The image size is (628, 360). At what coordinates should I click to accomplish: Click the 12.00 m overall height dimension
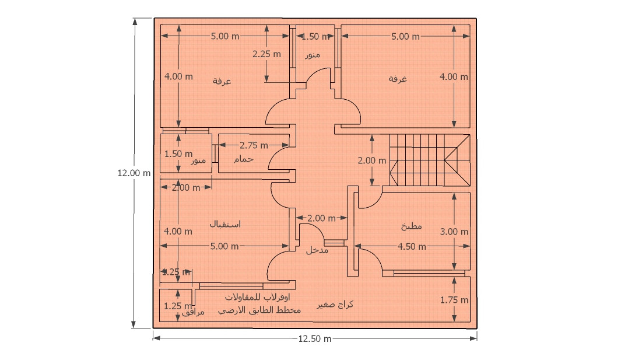pos(134,173)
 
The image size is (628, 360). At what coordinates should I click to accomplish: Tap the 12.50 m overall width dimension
pos(315,339)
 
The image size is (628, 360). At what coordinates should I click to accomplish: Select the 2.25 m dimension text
pos(266,54)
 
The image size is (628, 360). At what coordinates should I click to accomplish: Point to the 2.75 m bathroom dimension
pos(254,145)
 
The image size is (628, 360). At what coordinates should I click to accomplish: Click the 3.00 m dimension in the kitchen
pos(454,232)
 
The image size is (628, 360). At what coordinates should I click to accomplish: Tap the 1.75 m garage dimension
pos(454,300)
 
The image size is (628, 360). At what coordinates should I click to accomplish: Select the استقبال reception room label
pos(225,224)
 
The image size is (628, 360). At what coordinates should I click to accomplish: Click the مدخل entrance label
pos(317,250)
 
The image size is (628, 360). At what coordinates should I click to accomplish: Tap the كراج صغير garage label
pos(335,305)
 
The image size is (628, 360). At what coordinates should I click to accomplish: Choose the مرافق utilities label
pos(193,313)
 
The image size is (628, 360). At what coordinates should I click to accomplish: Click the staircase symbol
pos(429,160)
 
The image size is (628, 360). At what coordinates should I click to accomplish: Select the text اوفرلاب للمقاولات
pos(259,297)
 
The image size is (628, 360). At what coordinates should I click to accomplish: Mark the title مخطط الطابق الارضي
pos(259,310)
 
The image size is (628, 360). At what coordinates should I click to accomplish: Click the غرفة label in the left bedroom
pos(222,81)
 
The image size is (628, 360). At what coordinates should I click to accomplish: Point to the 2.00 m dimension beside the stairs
pos(371,160)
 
